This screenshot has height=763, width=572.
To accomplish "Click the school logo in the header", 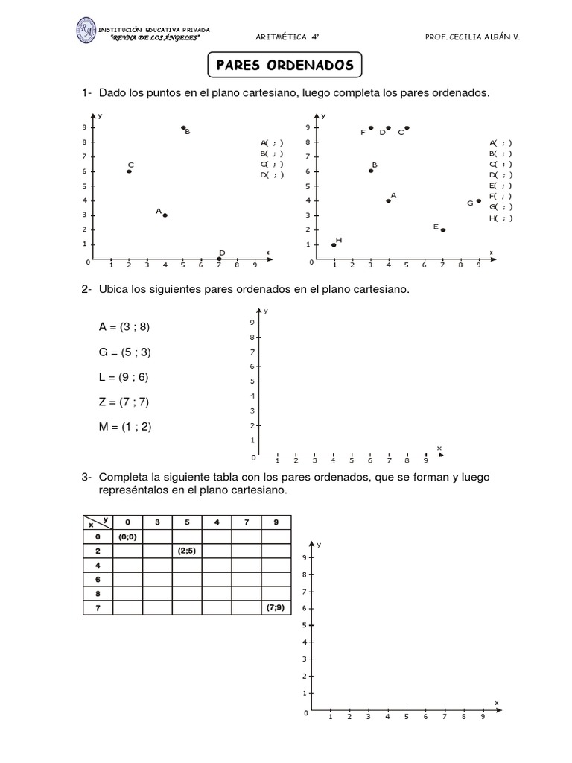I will click(x=90, y=32).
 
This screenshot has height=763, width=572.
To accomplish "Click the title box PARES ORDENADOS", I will click(x=285, y=65).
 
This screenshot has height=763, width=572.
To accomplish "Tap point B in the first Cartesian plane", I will click(x=183, y=127).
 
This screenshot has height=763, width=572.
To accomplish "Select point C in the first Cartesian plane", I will click(x=129, y=171).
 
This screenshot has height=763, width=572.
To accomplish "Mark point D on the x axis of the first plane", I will click(x=219, y=259).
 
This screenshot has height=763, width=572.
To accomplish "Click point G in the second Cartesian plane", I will click(x=479, y=200).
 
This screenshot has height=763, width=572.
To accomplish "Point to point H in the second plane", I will click(x=334, y=244).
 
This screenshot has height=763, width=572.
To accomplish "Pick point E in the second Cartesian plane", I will click(x=442, y=229).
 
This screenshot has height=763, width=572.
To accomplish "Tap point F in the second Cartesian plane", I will click(x=371, y=127).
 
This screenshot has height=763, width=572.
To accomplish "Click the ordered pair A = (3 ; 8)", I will click(x=129, y=326).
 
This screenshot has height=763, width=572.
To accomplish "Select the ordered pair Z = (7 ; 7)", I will click(x=129, y=402).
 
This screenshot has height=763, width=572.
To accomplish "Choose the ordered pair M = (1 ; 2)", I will click(x=129, y=427).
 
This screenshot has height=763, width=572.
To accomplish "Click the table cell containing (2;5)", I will click(x=187, y=551).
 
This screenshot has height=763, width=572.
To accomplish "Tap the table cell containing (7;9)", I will click(x=276, y=608).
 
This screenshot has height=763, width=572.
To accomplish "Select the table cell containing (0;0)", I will click(x=127, y=536).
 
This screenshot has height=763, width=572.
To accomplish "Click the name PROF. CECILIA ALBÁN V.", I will click(x=471, y=34).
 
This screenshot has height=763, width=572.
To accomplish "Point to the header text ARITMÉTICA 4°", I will click(x=285, y=34).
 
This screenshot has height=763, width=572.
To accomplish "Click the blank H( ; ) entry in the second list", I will click(x=500, y=218).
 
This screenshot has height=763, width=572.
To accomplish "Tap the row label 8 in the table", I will click(x=97, y=594).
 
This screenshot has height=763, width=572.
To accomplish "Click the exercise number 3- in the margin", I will click(x=87, y=477).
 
